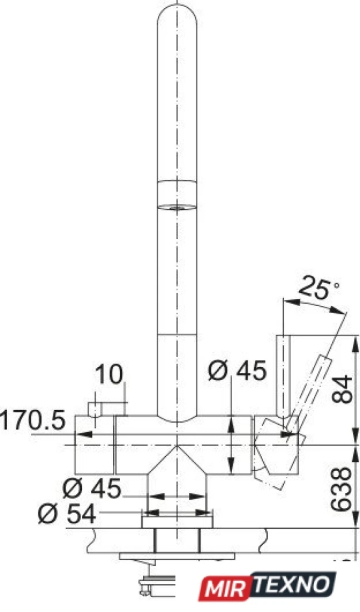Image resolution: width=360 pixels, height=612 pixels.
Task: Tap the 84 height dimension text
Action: [x=342, y=389]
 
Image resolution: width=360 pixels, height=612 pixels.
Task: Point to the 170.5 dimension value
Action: [x=32, y=420]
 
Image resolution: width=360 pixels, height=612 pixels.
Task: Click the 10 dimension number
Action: [x=109, y=374]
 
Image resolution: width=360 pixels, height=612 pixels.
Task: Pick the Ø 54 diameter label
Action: [x=67, y=514]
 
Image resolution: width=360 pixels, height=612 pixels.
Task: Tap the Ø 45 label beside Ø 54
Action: [x=92, y=488]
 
